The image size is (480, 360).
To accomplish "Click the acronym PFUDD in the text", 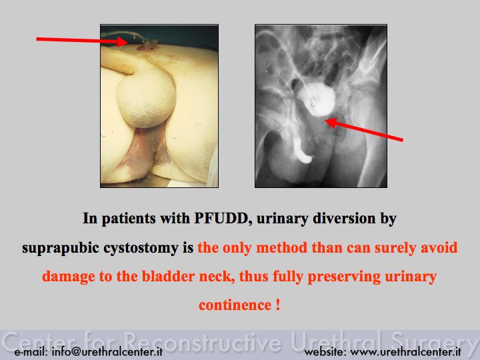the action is click(221, 219).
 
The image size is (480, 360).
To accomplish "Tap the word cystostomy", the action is click(141, 248).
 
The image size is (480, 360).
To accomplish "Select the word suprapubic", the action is click(61, 248).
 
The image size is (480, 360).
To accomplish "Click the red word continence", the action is click(235, 305).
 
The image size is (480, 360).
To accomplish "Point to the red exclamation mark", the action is click(277, 305).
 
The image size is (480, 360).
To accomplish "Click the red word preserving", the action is click(344, 277).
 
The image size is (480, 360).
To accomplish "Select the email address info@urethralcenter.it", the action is click(107, 352).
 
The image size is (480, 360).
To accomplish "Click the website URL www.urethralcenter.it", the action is click(405, 352).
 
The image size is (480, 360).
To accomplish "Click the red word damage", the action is click(68, 277).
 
